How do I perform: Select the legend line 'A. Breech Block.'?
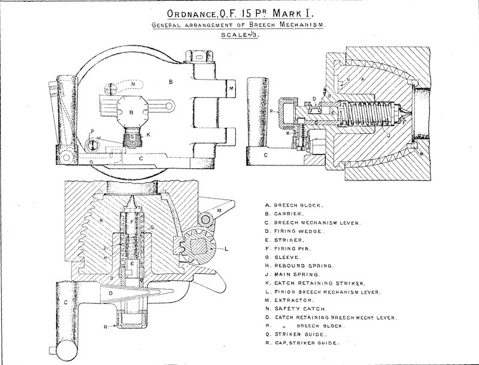(x=293, y=204)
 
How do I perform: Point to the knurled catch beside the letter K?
(x=131, y=138)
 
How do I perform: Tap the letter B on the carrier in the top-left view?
(x=171, y=80)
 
